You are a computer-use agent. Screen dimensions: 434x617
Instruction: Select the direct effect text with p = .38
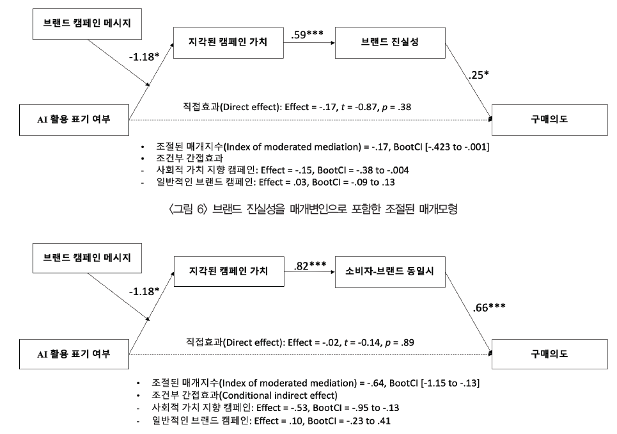pyautogui.click(x=297, y=108)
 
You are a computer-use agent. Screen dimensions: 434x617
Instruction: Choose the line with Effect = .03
pyautogui.click(x=277, y=182)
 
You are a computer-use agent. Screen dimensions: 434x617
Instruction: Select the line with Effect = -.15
pyautogui.click(x=278, y=170)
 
